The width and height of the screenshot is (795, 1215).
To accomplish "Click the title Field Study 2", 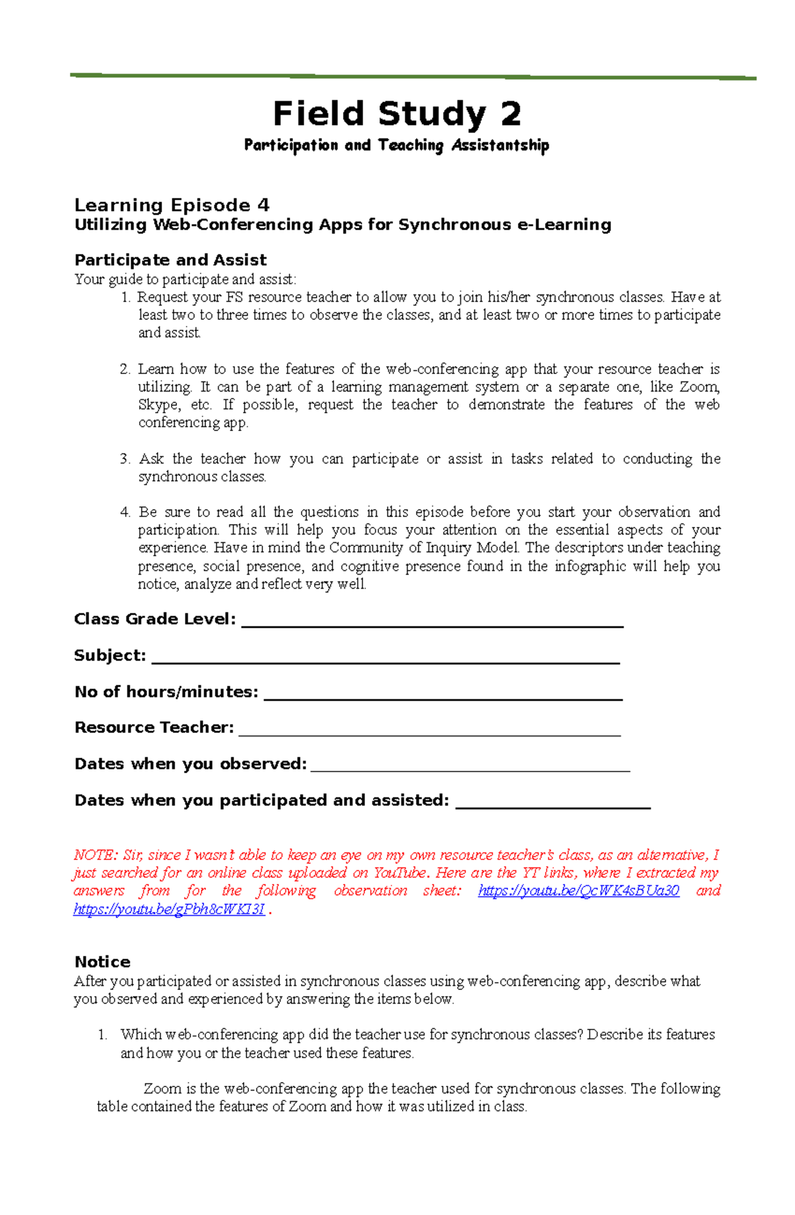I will [397, 114].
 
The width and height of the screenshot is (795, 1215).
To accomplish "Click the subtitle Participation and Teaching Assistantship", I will [396, 145].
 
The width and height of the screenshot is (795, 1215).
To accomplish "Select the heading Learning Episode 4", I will [172, 205].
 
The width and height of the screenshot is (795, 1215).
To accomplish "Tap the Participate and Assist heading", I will [170, 260].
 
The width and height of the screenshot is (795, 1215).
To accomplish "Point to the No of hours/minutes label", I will [166, 692].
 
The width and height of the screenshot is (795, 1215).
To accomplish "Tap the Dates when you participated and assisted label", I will [262, 801].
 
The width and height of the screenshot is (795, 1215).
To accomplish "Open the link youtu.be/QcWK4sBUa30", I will [578, 891].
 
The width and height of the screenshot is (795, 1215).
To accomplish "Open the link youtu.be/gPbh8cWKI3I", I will [169, 910].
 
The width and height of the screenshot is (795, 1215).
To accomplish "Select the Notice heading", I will [102, 961].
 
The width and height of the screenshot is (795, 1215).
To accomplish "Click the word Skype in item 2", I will [158, 405].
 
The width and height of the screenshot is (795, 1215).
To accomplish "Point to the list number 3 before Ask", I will [125, 459].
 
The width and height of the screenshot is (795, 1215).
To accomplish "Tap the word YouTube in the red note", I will [400, 873].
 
